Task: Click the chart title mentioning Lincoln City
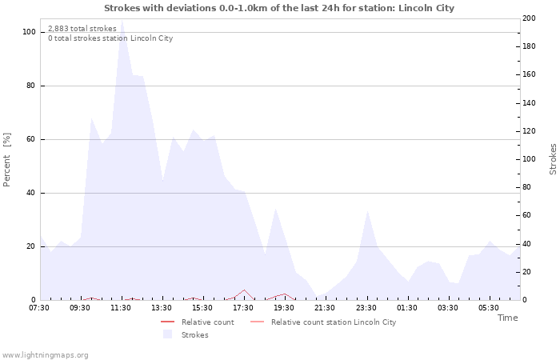click(x=279, y=8)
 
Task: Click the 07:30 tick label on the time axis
click(x=39, y=308)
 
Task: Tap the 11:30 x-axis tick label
click(x=121, y=308)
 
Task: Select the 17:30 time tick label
click(x=243, y=308)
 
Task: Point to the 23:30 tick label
click(x=366, y=308)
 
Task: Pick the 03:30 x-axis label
click(x=448, y=308)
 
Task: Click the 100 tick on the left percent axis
click(x=30, y=32)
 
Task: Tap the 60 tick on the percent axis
click(x=31, y=139)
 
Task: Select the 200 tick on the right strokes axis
click(x=529, y=18)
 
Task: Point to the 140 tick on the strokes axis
click(x=529, y=103)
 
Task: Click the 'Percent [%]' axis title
click(x=7, y=160)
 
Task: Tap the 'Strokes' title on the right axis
click(x=553, y=159)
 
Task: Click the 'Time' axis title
click(x=507, y=318)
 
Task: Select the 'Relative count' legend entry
click(x=207, y=322)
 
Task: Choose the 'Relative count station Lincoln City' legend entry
click(x=333, y=322)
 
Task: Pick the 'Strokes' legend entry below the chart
click(x=194, y=335)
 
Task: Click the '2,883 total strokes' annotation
click(x=82, y=29)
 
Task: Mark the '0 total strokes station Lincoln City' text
click(x=110, y=38)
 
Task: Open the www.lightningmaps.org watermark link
click(x=46, y=354)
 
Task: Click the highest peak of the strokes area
click(x=122, y=21)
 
